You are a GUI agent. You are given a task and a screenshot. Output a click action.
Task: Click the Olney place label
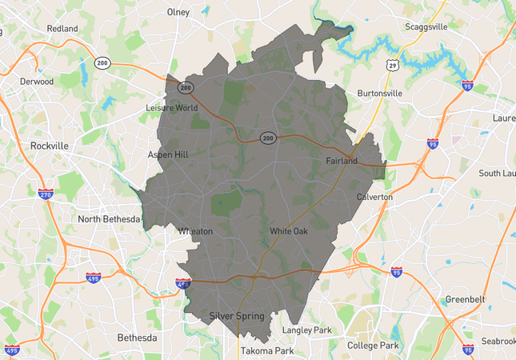click(x=178, y=12)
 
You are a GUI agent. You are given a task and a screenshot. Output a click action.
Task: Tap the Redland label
click(x=62, y=29)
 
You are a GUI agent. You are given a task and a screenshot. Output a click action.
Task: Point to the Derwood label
click(x=37, y=81)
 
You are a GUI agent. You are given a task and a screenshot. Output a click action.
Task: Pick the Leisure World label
click(x=171, y=107)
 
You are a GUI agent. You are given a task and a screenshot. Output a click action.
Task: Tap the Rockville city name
click(x=49, y=146)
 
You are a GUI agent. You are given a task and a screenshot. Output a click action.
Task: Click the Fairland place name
click(x=342, y=161)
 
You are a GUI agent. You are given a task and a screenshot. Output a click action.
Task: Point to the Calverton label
click(x=374, y=197)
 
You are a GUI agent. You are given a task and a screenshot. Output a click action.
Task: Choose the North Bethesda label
click(x=109, y=219)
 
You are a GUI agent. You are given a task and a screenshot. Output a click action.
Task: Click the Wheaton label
click(x=196, y=231)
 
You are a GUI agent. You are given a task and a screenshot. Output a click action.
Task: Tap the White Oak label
click(x=288, y=231)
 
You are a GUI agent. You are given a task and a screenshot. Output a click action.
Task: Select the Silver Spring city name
click(x=236, y=316)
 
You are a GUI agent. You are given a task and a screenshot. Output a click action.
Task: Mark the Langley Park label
click(x=306, y=330)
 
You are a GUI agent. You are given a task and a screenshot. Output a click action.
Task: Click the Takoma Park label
click(x=267, y=351)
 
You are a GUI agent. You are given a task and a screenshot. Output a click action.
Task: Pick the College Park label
click(x=373, y=346)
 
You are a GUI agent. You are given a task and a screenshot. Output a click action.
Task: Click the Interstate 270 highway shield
click(x=46, y=194)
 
